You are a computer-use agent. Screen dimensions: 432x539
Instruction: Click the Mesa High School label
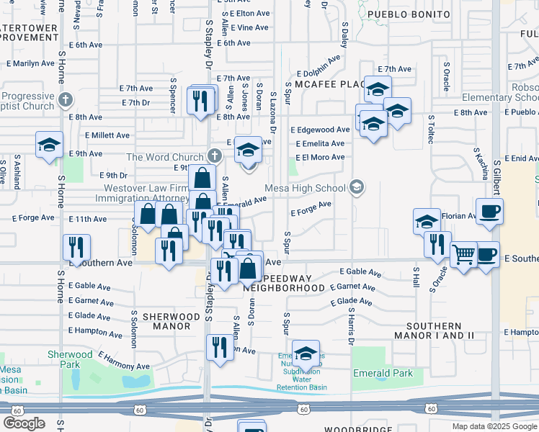[306, 189]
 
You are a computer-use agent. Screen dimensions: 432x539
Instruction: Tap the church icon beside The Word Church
[214, 156]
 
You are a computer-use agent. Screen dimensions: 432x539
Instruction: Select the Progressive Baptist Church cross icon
[65, 99]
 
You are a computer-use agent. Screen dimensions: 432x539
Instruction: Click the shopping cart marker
[463, 253]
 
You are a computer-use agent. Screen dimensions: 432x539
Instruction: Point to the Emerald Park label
[383, 373]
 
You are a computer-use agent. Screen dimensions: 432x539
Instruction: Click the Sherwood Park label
[70, 354]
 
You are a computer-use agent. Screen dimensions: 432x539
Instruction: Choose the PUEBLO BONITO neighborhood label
[409, 14]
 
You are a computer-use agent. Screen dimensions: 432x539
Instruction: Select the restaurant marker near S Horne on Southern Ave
[75, 247]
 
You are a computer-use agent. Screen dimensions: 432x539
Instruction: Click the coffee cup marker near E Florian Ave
[489, 211]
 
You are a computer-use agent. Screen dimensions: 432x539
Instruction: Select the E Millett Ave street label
[107, 135]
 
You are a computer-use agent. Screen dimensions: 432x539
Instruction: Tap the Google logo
[24, 423]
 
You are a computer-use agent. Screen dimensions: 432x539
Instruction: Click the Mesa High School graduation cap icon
[355, 188]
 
